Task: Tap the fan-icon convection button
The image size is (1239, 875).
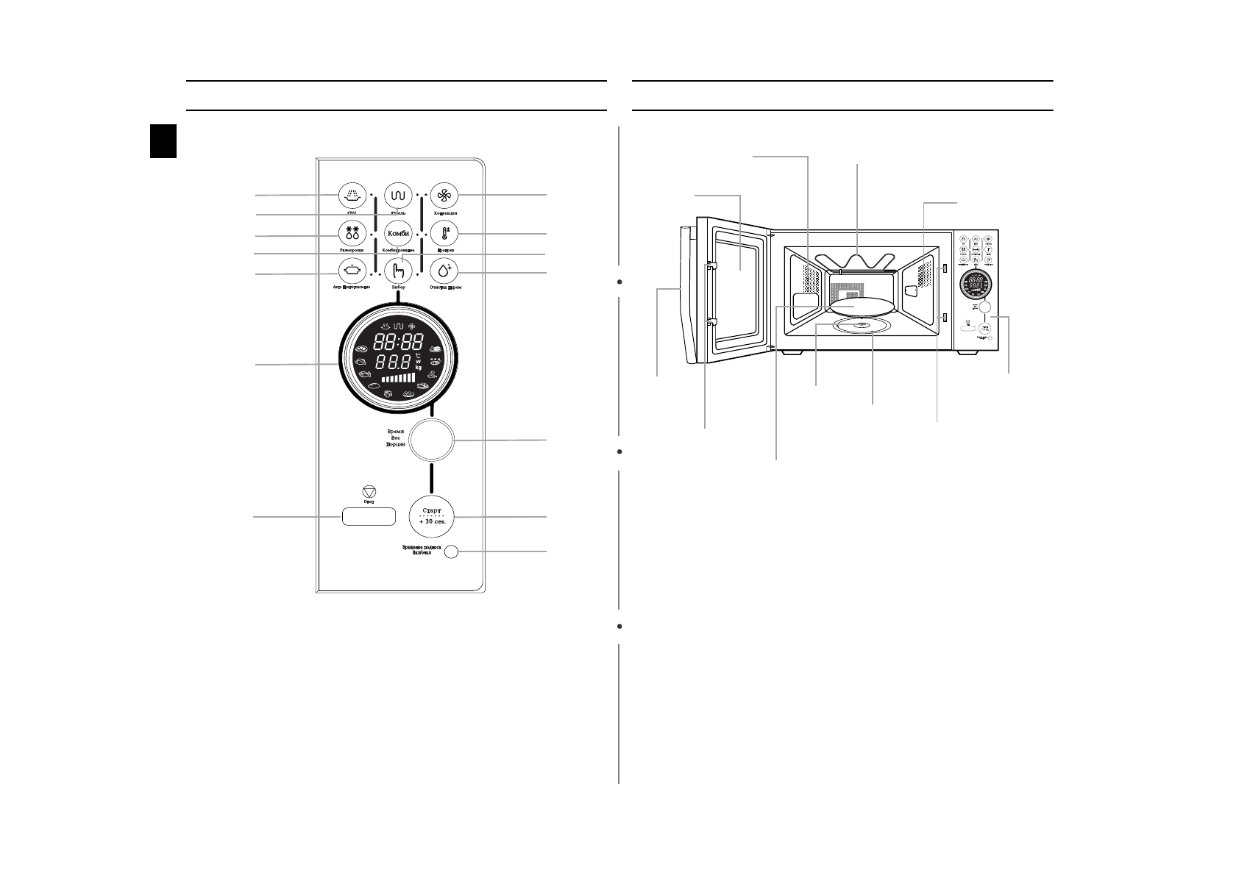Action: pos(444,196)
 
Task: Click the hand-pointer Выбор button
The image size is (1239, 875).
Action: pos(399,271)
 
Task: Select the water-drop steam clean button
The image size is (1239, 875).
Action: pos(444,271)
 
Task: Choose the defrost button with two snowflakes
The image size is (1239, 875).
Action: pos(352,234)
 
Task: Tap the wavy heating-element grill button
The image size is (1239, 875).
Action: pos(399,196)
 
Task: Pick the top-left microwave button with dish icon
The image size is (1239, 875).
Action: pos(352,196)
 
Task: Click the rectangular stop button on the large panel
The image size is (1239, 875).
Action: pos(368,517)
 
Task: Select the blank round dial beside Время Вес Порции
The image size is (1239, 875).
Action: pos(431,440)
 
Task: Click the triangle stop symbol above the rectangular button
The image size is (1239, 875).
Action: pos(369,492)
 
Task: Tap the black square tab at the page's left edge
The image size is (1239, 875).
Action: pos(163,140)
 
